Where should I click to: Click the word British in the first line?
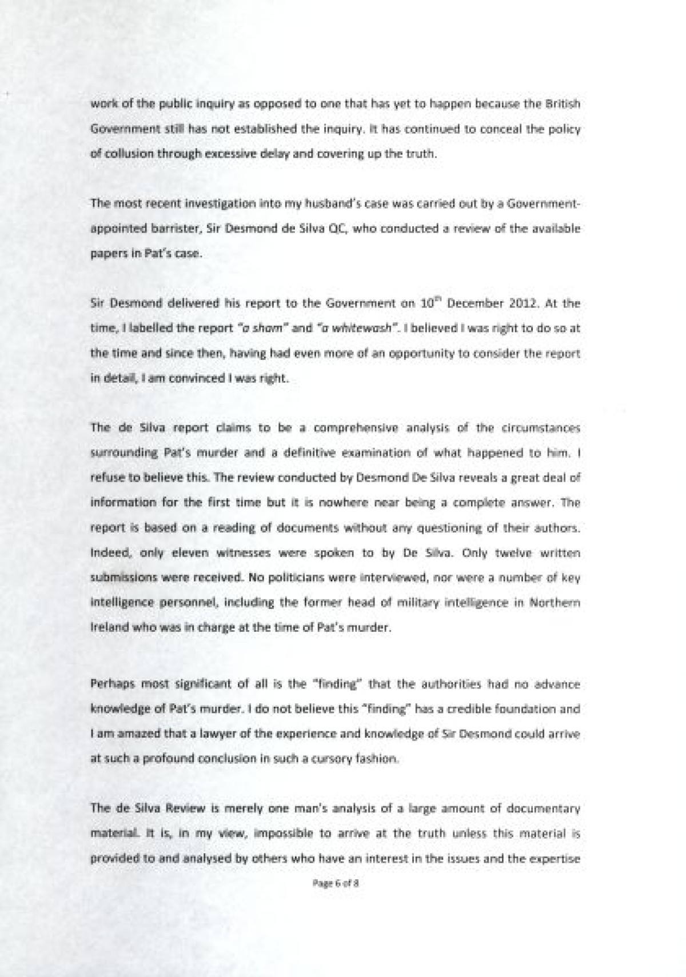(563, 105)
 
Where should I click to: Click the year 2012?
(523, 303)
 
